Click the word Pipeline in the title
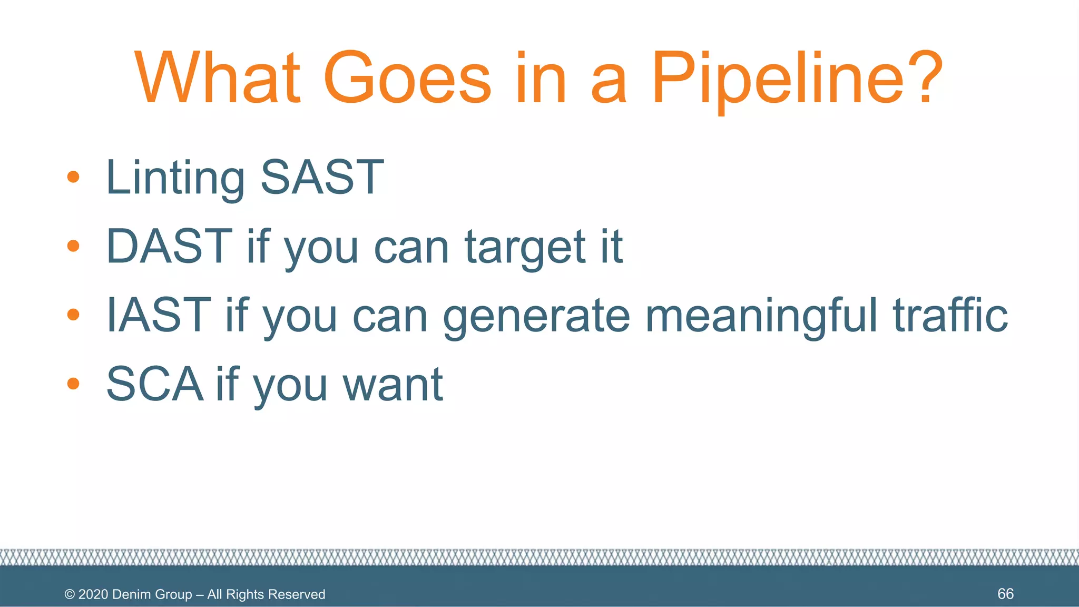[x=777, y=79]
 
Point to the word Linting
[x=175, y=178]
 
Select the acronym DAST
[x=169, y=246]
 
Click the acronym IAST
[x=159, y=315]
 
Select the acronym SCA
[x=155, y=384]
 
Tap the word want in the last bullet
[x=393, y=385]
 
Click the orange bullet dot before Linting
[x=73, y=177]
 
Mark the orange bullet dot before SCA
[x=73, y=384]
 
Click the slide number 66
[x=1005, y=594]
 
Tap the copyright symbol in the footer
[x=70, y=594]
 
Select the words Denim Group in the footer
[x=152, y=594]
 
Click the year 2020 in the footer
[x=93, y=594]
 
